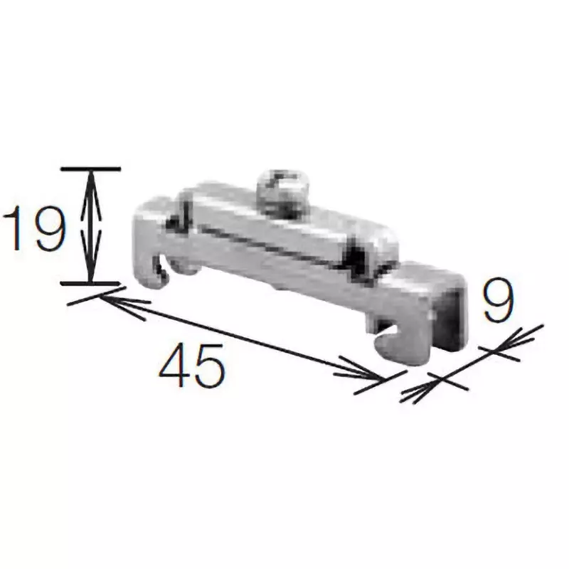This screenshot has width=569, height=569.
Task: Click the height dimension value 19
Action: click(34, 226)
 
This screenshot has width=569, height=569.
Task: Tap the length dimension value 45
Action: click(193, 364)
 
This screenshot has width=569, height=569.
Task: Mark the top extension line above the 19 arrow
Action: click(90, 169)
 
